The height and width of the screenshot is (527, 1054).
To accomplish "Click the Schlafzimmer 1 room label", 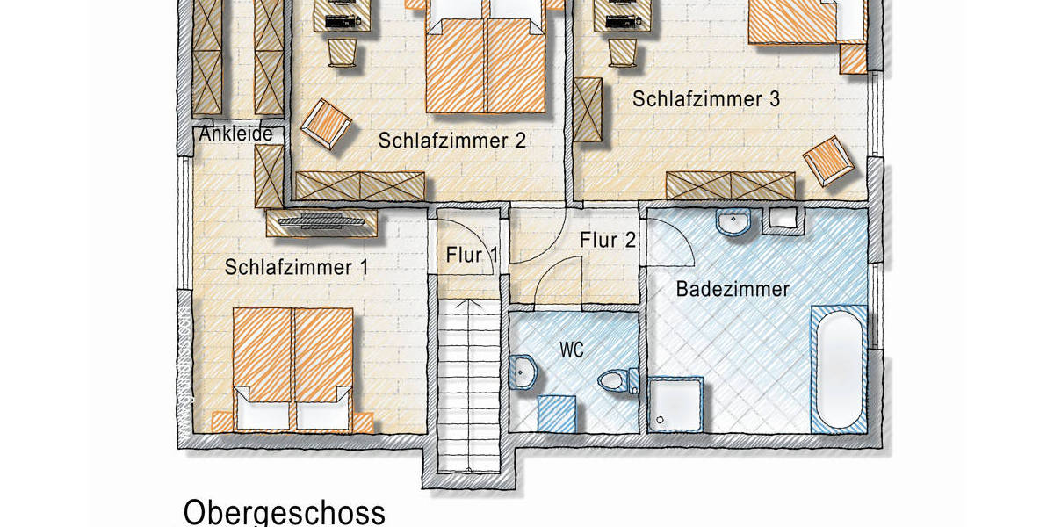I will point(296,267).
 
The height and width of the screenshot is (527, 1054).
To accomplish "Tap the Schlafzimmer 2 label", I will point(452,141).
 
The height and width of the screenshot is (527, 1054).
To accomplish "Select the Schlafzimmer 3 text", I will point(706,99).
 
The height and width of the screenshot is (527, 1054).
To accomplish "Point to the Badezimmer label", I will point(733,288).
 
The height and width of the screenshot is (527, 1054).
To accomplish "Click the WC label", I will point(572,349).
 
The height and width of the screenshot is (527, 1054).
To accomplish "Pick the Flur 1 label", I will point(472,256).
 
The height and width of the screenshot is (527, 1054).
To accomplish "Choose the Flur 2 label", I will point(608,239).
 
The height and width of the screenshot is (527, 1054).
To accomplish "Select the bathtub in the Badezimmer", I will point(839,369).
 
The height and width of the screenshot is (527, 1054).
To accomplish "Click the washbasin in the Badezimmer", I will point(733,223).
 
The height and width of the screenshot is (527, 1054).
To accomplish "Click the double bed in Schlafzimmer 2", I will point(486,61).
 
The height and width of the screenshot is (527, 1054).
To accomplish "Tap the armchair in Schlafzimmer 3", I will point(828,162).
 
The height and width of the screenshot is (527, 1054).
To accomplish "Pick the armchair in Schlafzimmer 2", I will point(327,124).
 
